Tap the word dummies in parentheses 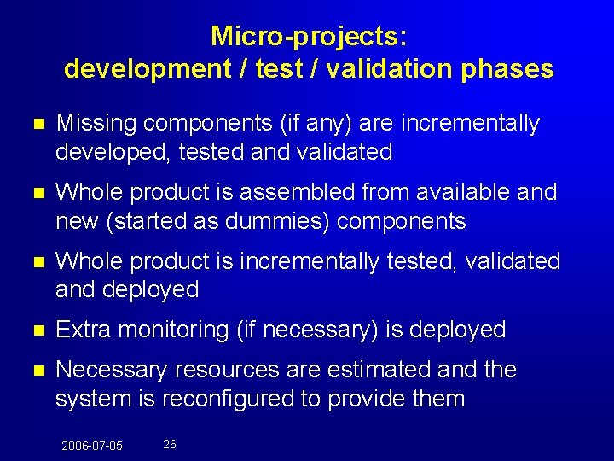(284, 222)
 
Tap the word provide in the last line (363, 399)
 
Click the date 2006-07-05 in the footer (91, 446)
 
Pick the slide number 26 (170, 445)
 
